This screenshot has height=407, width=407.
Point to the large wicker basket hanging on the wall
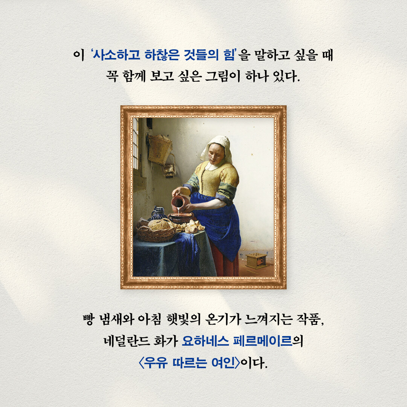[159, 149]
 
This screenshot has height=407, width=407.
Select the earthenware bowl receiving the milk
[181, 217]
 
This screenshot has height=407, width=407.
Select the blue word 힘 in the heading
[229, 55]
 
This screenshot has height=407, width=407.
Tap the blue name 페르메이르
[263, 341]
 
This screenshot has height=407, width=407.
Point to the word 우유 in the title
[156, 363]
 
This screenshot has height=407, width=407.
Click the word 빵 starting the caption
[89, 319]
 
